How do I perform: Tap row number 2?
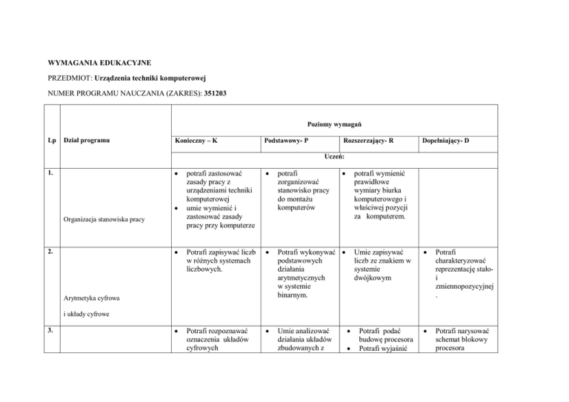point(48,252)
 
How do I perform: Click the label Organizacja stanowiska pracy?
point(104,220)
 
